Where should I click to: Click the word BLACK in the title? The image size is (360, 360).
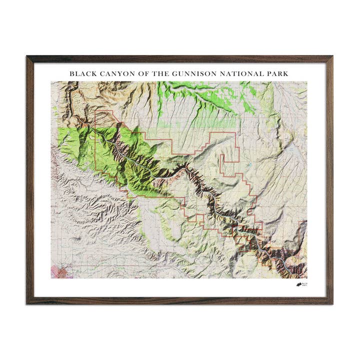81,73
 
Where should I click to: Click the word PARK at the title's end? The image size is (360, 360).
278,73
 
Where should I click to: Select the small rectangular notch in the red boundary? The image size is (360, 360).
227,165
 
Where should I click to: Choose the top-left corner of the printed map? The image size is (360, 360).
51,82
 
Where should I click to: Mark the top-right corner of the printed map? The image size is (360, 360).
307,82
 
